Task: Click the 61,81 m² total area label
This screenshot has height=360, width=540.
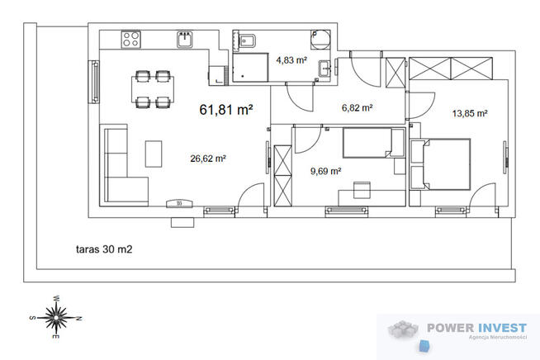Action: (x=226, y=110)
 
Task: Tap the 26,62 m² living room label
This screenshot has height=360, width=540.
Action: (x=208, y=159)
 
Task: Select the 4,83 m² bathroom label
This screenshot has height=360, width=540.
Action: (x=291, y=60)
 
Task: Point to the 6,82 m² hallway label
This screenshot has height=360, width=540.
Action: (x=358, y=108)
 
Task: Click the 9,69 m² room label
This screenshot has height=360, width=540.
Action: (x=326, y=171)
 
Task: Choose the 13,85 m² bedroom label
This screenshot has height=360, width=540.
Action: (x=470, y=113)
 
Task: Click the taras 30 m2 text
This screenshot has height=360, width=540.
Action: (x=104, y=249)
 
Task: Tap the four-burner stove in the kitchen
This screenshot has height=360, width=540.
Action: (x=130, y=40)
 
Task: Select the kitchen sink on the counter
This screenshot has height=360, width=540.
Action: (x=185, y=40)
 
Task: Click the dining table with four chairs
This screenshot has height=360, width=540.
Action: (x=153, y=89)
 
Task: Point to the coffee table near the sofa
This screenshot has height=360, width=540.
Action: (x=154, y=154)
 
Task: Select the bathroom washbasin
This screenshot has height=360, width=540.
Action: (x=324, y=69)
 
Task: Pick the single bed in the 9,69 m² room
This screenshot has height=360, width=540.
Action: (x=373, y=143)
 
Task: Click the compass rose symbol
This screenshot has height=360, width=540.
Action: (x=55, y=317)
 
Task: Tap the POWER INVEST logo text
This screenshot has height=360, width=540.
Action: (x=477, y=328)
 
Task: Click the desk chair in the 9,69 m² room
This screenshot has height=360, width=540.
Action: (x=362, y=190)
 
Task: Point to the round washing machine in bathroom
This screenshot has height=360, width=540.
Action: (x=320, y=39)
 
